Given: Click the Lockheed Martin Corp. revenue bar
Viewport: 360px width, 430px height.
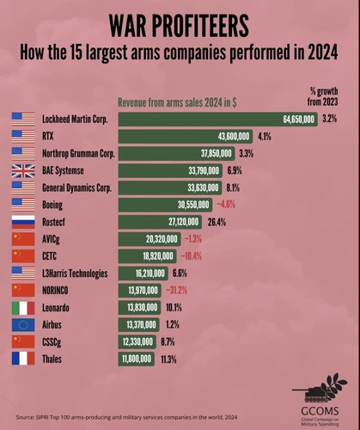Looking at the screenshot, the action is (x=218, y=119).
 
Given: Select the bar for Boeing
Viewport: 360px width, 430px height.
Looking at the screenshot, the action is (x=165, y=205).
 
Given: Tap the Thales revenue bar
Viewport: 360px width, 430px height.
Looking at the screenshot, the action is (x=137, y=359).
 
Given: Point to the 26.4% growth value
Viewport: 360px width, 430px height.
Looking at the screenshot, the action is (x=217, y=222).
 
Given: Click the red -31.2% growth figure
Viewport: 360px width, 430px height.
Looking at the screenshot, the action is (x=177, y=291).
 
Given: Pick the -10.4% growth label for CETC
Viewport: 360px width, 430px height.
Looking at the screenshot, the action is (x=192, y=256).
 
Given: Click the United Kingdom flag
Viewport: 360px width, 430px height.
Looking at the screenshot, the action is (x=23, y=171).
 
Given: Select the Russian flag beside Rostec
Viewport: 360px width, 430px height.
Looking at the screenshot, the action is (x=23, y=222).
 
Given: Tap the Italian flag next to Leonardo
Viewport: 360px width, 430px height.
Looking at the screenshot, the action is (x=23, y=308).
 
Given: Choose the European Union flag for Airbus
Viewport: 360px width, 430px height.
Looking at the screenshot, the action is (x=23, y=325).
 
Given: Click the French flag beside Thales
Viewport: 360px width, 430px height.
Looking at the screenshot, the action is (x=23, y=359).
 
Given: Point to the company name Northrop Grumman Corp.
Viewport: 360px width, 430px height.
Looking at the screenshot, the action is (x=78, y=154).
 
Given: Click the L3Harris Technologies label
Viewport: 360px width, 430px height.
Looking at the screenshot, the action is (x=75, y=273).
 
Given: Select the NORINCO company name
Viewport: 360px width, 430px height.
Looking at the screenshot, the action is (x=55, y=291).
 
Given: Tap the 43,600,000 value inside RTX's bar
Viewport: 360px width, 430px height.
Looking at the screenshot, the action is (x=234, y=137).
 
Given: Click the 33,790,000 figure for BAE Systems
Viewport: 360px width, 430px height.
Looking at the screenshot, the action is (x=204, y=171).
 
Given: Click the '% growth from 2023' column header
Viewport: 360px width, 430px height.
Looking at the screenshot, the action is (x=323, y=96).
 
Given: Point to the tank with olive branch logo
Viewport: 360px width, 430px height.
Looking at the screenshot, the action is (x=320, y=388).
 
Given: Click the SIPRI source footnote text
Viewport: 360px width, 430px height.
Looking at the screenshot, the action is (x=126, y=417).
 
